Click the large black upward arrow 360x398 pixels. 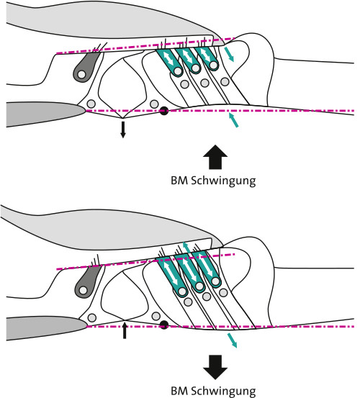[215, 157]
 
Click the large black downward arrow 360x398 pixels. [215, 367]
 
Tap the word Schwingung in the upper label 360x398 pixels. [223, 181]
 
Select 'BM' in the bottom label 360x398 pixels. [179, 391]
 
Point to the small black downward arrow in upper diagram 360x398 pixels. [123, 130]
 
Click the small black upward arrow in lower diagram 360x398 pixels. [125, 330]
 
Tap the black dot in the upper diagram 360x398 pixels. [164, 111]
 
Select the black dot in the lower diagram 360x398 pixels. [164, 325]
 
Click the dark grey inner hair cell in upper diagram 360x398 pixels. [86, 67]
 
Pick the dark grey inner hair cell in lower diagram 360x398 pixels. [87, 281]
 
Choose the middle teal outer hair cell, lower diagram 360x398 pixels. [190, 273]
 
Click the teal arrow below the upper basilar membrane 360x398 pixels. [233, 120]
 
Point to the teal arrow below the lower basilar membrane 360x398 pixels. [232, 340]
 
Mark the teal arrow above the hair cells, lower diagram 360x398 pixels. [187, 250]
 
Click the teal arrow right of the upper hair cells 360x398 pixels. [229, 54]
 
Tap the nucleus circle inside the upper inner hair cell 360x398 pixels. [81, 75]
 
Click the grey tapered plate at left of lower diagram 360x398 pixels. [46, 328]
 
